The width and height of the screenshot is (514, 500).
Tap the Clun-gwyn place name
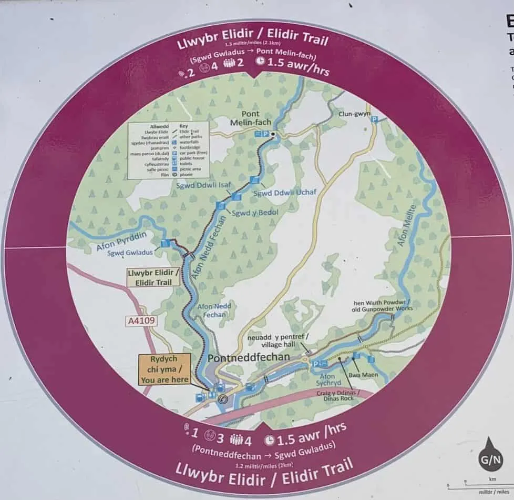point(355,113)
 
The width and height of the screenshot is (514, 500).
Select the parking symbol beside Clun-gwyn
point(375,119)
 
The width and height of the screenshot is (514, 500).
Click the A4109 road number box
point(142,321)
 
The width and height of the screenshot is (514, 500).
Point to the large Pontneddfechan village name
point(249,357)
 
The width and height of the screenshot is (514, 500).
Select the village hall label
point(279,341)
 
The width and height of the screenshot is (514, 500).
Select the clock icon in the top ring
point(261,62)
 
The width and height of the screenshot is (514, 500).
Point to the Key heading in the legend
point(183,127)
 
